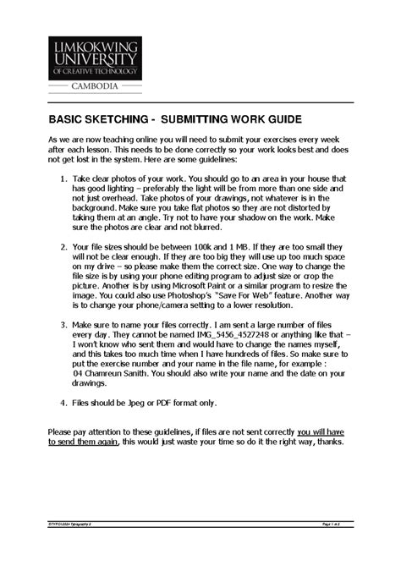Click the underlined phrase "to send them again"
(85, 441)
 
